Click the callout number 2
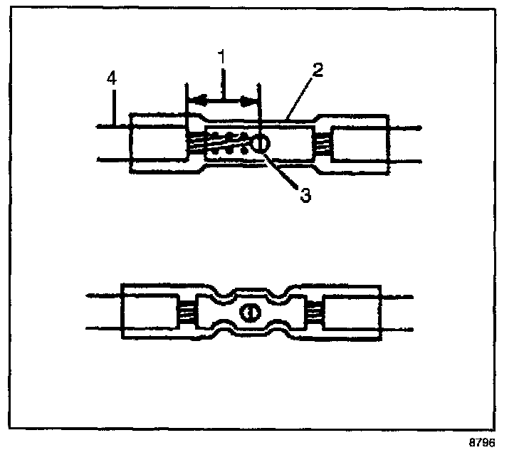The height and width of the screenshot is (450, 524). (x=319, y=69)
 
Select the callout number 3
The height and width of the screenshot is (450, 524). (x=305, y=194)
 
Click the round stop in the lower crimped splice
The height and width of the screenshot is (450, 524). (x=249, y=312)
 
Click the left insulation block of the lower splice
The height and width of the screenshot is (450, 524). (x=149, y=312)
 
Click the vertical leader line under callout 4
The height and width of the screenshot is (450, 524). (x=112, y=107)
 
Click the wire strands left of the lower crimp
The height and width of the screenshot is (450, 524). (x=187, y=312)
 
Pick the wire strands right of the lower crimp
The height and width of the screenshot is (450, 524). (x=313, y=312)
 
